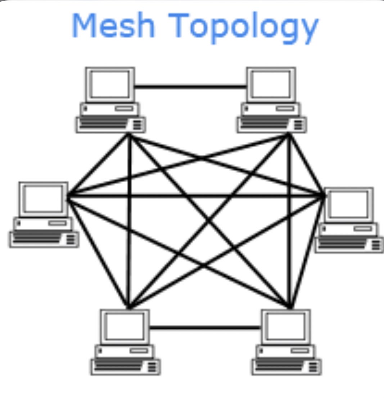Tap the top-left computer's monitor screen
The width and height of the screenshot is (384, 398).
click(x=110, y=84)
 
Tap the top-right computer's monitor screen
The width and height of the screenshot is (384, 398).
click(x=271, y=84)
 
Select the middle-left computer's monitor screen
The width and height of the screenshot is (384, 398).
click(x=43, y=199)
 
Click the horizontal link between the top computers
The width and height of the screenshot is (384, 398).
click(x=190, y=87)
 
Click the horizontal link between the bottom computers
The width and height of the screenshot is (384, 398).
click(x=205, y=328)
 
